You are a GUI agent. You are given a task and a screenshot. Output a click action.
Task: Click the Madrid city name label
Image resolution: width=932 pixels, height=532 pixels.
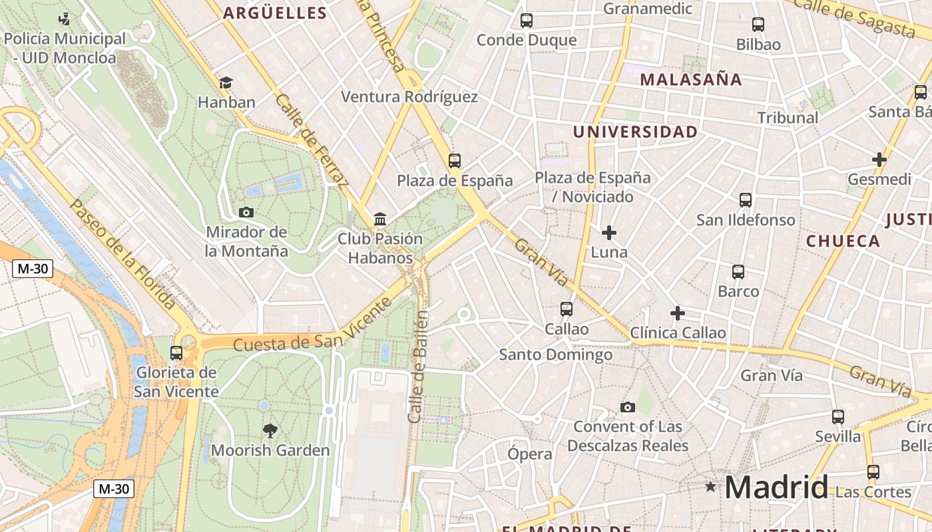[x=776, y=487]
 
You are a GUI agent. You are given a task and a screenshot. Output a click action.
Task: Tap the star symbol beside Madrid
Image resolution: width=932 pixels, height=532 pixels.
[x=710, y=487]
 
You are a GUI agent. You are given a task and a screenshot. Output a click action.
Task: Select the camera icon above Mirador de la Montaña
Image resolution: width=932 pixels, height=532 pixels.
[x=246, y=212]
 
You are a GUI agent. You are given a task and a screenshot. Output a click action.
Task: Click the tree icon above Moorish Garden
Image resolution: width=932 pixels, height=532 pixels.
[x=270, y=430]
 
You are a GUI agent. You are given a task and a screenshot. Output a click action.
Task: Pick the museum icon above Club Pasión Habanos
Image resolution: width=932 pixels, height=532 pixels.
[x=380, y=218]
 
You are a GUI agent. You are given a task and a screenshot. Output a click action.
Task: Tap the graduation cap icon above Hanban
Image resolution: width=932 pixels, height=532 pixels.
[x=226, y=82]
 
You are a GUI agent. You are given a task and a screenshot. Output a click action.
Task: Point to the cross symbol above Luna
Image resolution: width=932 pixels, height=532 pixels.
[x=608, y=233]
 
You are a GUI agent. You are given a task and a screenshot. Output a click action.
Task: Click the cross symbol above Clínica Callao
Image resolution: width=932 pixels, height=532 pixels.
[x=678, y=313]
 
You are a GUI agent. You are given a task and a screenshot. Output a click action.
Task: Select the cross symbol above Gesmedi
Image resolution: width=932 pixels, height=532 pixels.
[x=879, y=160]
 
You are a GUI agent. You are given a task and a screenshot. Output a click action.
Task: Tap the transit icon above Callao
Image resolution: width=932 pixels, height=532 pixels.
[x=567, y=309]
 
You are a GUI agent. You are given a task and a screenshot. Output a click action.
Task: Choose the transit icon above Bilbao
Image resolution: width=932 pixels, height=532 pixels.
[x=758, y=25]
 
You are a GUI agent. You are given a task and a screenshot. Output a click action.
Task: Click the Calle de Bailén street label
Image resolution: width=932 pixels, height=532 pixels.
[x=417, y=367]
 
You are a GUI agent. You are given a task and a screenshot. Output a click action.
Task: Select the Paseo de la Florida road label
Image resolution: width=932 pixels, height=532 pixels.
[x=123, y=254]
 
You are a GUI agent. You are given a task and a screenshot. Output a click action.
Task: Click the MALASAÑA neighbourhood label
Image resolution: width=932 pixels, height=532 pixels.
[x=691, y=80]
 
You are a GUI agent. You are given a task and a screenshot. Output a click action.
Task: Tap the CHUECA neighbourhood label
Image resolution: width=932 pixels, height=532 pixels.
[x=843, y=241]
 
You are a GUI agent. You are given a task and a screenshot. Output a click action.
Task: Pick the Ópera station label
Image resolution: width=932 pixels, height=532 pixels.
[x=530, y=454]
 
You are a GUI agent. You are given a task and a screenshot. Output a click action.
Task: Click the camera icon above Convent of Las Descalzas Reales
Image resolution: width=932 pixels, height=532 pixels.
[x=627, y=407]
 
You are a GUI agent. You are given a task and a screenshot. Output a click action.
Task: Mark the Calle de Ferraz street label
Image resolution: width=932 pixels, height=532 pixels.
[x=312, y=140]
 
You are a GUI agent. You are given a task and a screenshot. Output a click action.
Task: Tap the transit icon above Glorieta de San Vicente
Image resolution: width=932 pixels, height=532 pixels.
[x=176, y=352]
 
